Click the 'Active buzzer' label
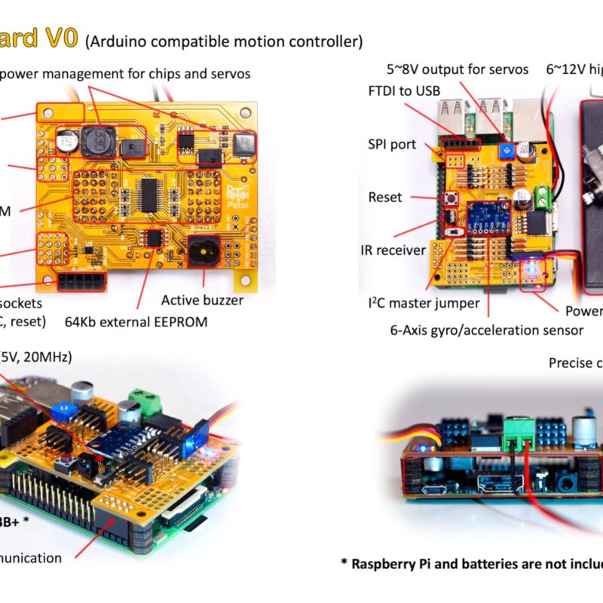pyautogui.click(x=202, y=300)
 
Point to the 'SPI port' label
pyautogui.click(x=391, y=144)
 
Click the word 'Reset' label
pyautogui.click(x=384, y=197)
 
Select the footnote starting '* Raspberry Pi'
pyautogui.click(x=471, y=563)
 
